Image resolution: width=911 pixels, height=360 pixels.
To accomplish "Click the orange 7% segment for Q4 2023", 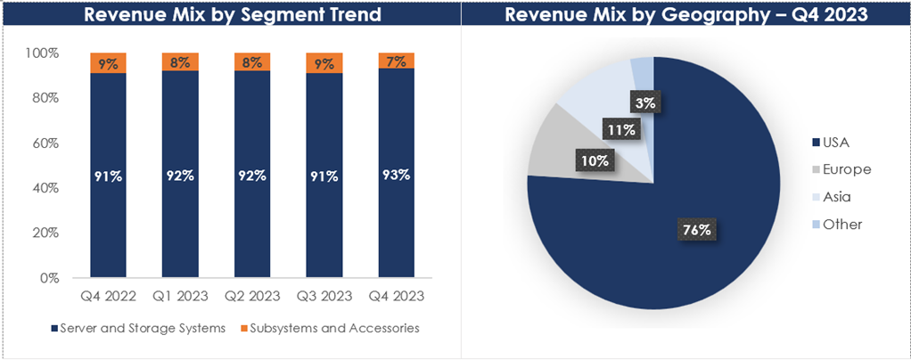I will pos(397,61).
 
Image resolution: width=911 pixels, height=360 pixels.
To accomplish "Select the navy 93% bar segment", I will pos(397,174).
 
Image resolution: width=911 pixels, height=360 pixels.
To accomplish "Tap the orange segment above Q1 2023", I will pos(180,62).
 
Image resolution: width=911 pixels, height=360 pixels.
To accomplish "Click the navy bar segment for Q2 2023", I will pos(252,176).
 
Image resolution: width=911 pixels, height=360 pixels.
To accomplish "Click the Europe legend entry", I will pos(841,169).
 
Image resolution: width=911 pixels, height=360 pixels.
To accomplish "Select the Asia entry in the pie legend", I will pos(836,197).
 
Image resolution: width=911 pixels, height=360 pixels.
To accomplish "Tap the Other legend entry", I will pos(838,225).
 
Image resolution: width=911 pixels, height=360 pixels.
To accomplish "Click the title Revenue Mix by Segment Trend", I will pos(230,15).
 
